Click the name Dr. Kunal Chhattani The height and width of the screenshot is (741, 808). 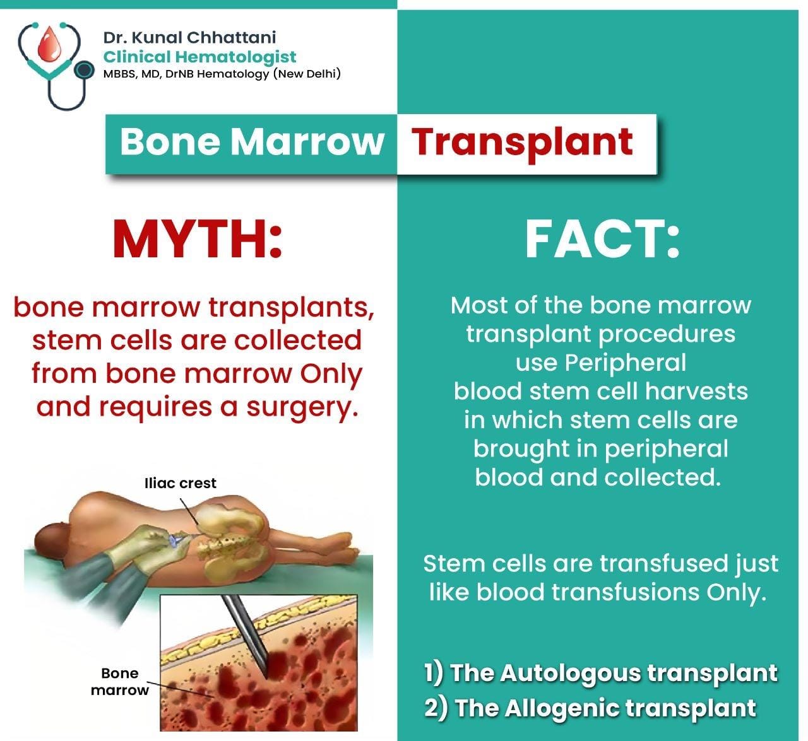(189, 37)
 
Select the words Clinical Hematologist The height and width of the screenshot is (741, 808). (199, 57)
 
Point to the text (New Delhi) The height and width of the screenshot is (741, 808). (307, 74)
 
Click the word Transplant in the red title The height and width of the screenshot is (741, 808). (521, 143)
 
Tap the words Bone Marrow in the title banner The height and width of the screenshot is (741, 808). (252, 142)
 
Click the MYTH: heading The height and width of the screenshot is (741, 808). (197, 239)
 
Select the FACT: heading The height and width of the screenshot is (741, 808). (602, 239)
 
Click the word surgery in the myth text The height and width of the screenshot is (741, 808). (302, 407)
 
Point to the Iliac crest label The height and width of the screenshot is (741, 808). (180, 483)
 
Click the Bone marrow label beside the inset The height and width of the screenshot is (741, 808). (120, 682)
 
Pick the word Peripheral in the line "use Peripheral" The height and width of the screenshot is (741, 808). (625, 363)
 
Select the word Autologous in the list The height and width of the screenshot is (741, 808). (570, 674)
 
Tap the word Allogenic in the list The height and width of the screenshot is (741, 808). (562, 708)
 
